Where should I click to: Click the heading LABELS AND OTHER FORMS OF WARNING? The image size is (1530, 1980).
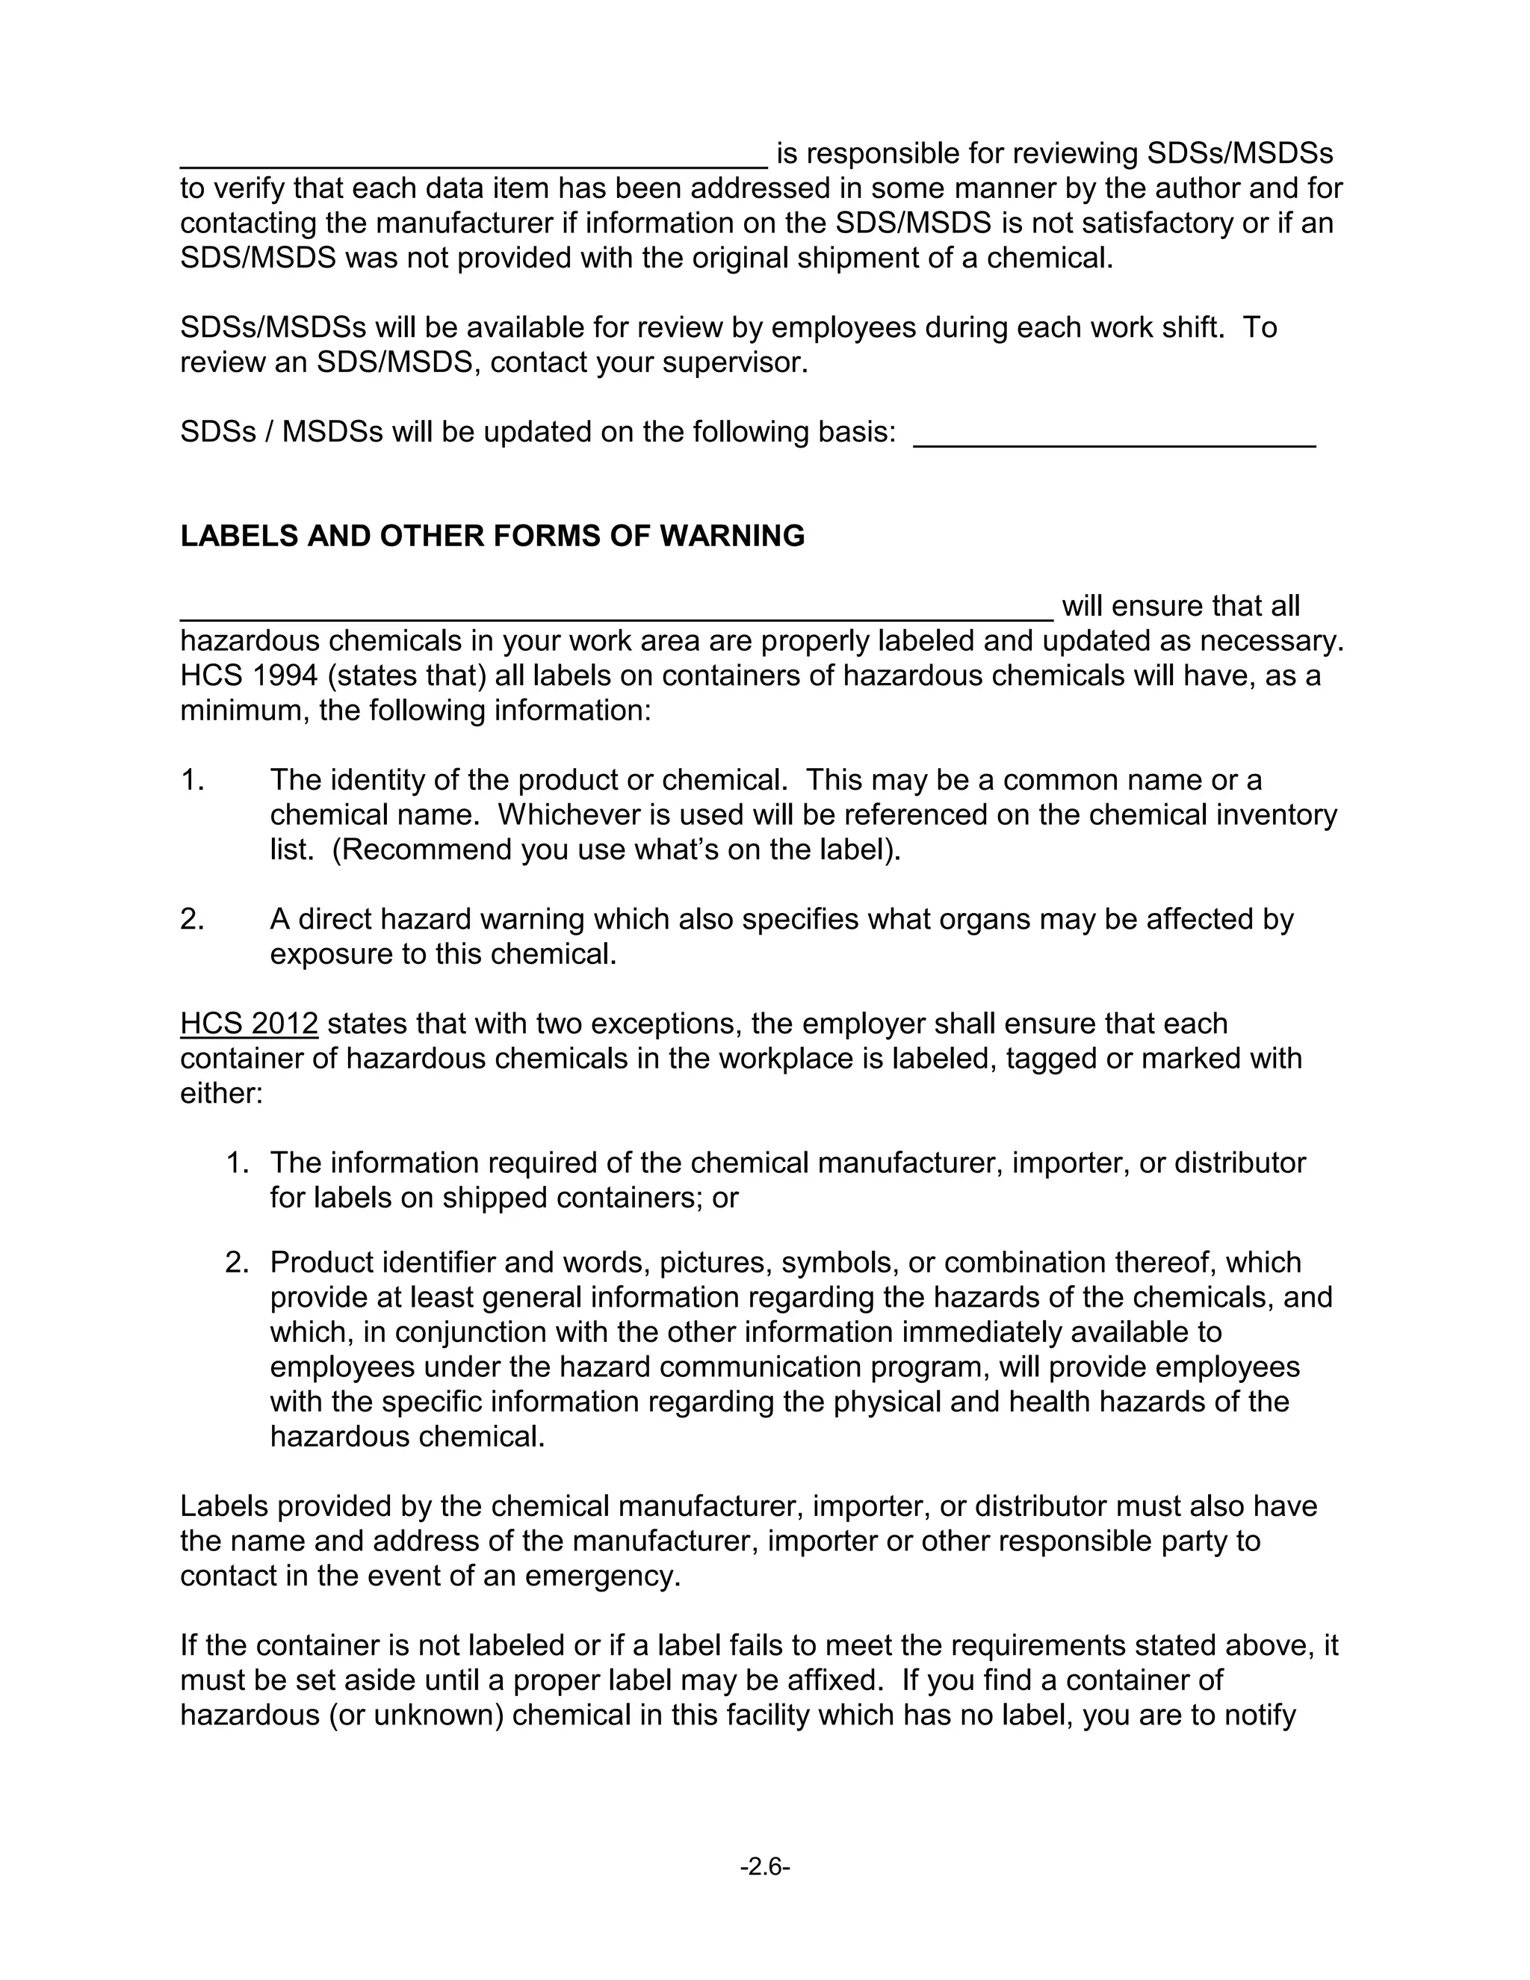[x=492, y=536]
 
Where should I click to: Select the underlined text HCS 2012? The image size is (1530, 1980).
[x=250, y=1024]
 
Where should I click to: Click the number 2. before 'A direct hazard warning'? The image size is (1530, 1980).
[x=192, y=919]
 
